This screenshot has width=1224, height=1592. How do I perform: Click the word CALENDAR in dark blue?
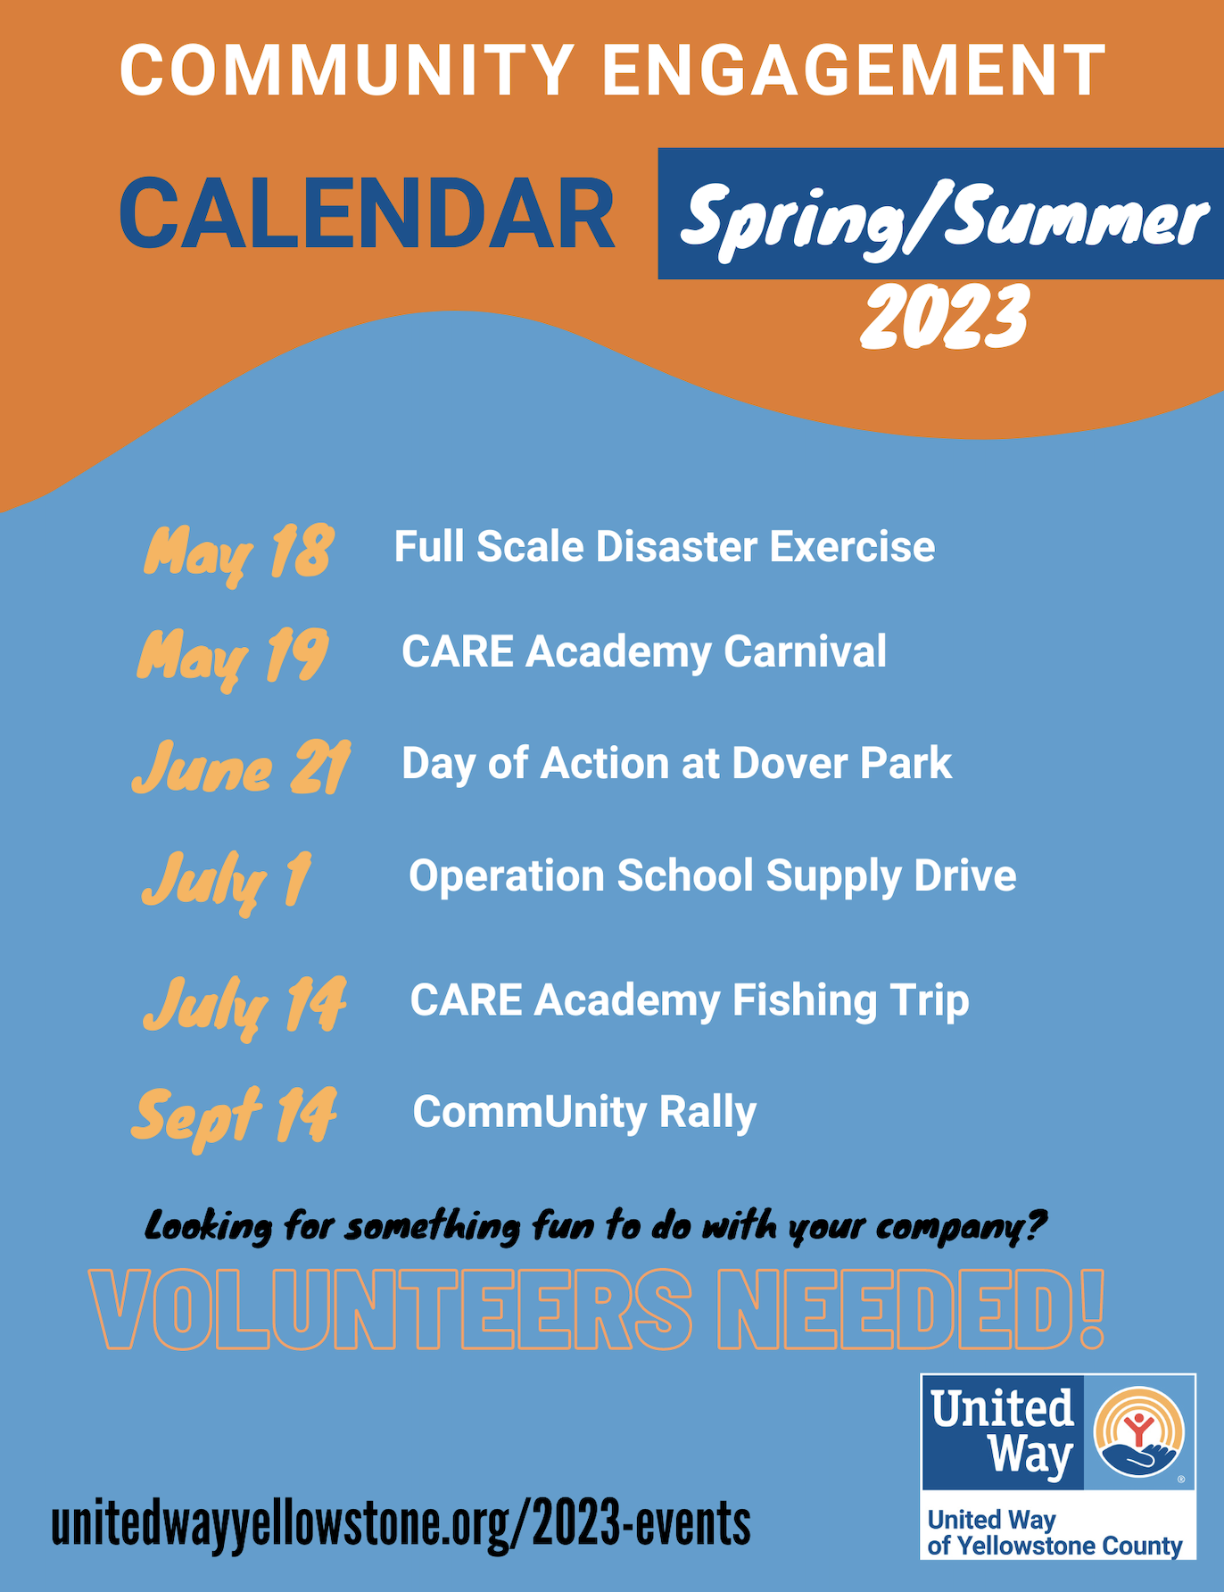367,214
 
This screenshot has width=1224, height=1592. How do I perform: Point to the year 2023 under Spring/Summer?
945,317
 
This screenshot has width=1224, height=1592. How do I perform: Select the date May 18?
239,553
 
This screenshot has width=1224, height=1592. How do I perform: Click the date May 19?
233,658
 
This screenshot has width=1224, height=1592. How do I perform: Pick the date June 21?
241,767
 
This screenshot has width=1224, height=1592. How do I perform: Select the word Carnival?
805,651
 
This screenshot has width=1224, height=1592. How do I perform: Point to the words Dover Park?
841,763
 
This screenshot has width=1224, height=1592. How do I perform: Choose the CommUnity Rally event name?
584,1113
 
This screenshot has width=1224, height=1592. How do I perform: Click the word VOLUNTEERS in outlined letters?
391,1310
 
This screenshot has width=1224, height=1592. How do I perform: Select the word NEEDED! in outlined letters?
911,1310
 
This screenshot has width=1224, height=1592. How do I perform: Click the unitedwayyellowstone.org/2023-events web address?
401,1523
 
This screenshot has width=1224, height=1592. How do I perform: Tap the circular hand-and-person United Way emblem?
1139,1432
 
